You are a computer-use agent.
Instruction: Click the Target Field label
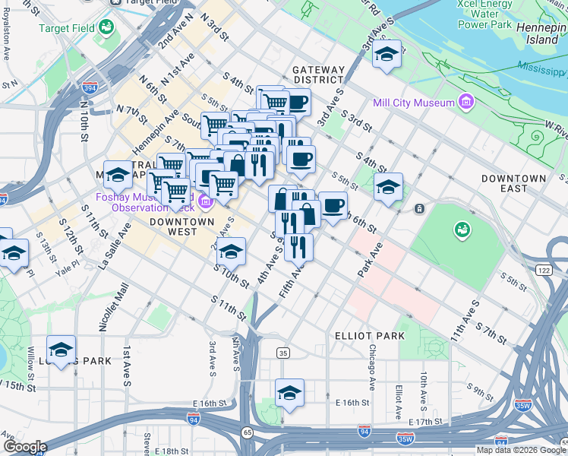pyautogui.click(x=67, y=28)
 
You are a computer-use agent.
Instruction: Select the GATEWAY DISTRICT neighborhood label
pyautogui.click(x=319, y=74)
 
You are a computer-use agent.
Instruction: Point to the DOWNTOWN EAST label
pyautogui.click(x=513, y=183)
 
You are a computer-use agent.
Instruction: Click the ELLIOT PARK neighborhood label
pyautogui.click(x=369, y=335)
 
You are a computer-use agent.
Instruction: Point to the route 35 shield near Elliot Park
pyautogui.click(x=283, y=353)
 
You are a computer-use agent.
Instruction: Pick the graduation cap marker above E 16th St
pyautogui.click(x=289, y=392)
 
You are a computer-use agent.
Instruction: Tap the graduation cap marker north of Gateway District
pyautogui.click(x=387, y=53)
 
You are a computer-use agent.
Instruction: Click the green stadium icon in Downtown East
pyautogui.click(x=461, y=228)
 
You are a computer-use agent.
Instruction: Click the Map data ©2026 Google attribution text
pyautogui.click(x=520, y=449)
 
